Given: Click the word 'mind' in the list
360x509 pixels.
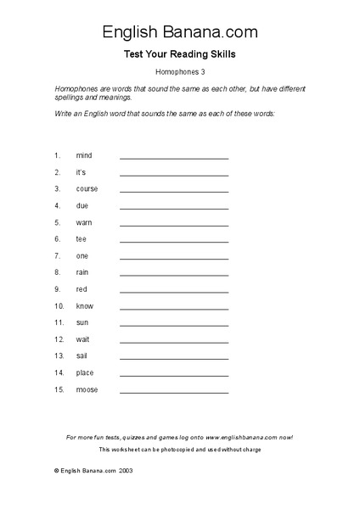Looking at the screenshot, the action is pos(83,156).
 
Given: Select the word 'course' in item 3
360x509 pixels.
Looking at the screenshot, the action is pos(87,189).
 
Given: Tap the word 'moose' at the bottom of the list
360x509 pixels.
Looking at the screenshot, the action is pos(87,389).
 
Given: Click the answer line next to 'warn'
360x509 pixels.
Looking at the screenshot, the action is pos(174,225).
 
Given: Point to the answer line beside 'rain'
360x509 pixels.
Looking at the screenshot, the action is pos(174,275).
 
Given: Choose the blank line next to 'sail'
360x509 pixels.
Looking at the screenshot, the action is pos(174,359).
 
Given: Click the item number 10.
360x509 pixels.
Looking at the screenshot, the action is pos(59,306).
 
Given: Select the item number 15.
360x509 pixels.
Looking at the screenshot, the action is pos(59,389).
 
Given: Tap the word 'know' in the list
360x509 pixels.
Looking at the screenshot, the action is pos(85,306).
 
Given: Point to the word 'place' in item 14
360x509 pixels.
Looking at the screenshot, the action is pos(85,373).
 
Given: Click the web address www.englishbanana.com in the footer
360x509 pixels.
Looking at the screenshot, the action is pos(240,437).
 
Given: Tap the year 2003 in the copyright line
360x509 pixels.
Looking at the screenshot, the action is pos(125,469).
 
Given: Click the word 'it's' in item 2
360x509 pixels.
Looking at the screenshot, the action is pos(82,172).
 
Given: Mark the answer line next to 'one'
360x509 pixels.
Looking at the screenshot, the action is pos(174,259).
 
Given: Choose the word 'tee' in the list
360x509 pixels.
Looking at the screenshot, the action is pos(82,239).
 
